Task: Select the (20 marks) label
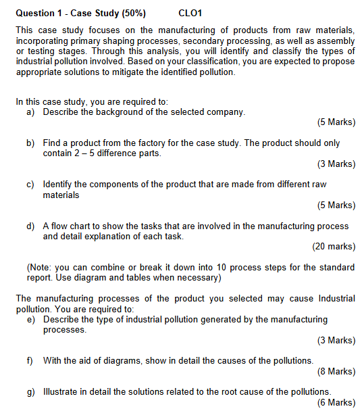[334, 247]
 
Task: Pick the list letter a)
[31, 112]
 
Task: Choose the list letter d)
[31, 226]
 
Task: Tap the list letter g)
[31, 392]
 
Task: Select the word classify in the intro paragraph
[240, 51]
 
